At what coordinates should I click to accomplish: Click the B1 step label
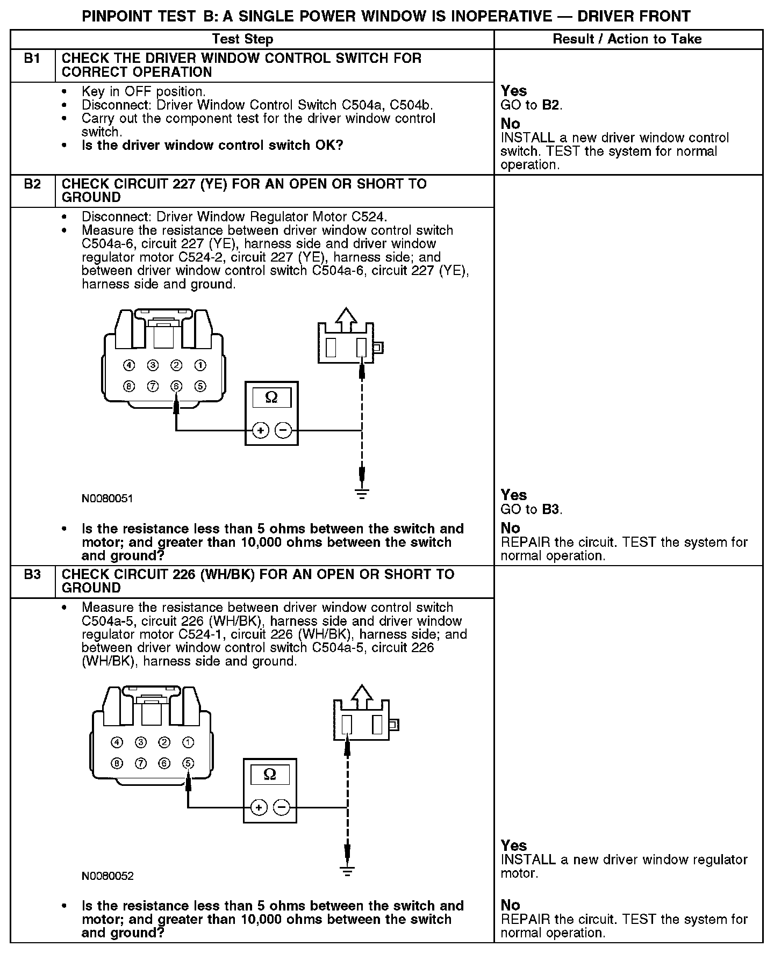32,59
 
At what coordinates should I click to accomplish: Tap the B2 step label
32,184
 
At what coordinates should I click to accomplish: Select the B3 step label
32,575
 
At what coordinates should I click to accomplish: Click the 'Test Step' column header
242,39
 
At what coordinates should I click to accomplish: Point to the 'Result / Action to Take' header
627,39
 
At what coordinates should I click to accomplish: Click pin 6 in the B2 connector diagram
176,386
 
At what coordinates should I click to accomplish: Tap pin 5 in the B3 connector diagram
188,763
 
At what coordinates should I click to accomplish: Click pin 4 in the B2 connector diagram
129,365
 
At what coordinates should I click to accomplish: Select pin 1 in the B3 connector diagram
188,742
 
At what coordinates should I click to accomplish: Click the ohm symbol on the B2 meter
271,397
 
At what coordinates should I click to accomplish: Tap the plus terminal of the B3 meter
259,807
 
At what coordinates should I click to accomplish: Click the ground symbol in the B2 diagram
362,493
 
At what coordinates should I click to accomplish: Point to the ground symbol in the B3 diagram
348,871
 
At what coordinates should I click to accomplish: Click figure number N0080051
107,498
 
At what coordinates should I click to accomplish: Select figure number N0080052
107,876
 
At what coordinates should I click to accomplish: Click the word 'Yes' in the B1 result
513,91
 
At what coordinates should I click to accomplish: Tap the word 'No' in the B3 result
510,905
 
